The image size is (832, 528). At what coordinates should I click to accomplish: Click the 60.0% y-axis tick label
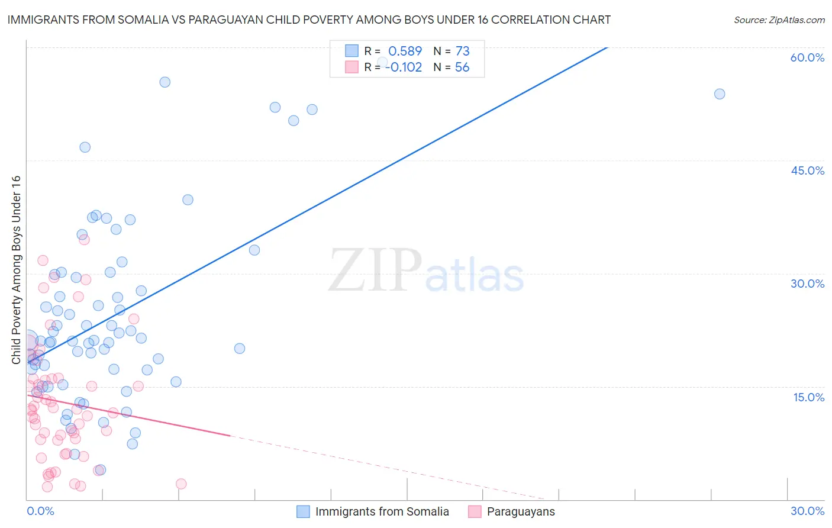pos(807,57)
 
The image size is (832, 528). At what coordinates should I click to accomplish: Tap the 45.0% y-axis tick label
pos(807,170)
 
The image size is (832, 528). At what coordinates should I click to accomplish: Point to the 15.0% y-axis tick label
pos(808,397)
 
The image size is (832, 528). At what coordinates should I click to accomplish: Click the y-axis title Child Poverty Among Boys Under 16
pos(16,270)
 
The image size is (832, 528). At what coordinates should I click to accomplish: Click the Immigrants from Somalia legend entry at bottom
pos(382,512)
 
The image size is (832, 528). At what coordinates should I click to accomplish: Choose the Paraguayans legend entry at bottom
pos(521,512)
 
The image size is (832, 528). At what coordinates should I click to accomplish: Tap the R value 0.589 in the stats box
pos(405,51)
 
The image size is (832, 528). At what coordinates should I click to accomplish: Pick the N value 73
pos(462,51)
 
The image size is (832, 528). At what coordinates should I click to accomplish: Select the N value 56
pos(462,67)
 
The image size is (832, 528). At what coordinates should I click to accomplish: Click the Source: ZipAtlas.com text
pos(779,20)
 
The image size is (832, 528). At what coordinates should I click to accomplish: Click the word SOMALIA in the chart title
pos(141,20)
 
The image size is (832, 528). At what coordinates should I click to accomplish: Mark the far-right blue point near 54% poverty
pos(720,94)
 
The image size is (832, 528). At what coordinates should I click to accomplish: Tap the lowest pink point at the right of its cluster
pos(181,484)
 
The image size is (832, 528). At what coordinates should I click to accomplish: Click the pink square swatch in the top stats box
pos(352,67)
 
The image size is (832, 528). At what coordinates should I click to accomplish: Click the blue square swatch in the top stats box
pos(352,51)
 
